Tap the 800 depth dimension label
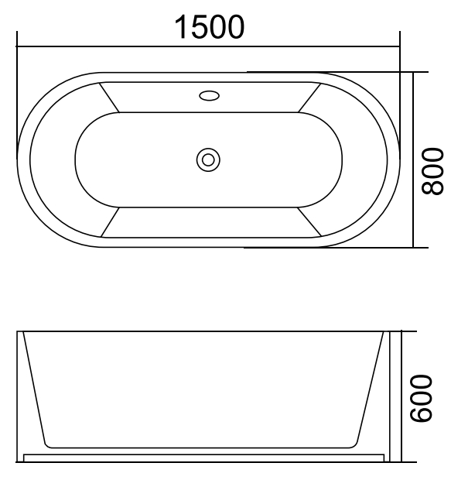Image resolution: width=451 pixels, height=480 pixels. click(x=433, y=171)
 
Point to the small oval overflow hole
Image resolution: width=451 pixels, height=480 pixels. click(x=209, y=97)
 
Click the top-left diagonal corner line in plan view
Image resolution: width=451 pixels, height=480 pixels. click(x=108, y=97)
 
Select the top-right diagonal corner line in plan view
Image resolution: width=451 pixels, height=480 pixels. click(x=309, y=97)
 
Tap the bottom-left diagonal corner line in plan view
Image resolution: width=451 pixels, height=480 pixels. click(x=108, y=222)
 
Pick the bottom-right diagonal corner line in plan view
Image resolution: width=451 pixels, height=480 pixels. click(x=309, y=222)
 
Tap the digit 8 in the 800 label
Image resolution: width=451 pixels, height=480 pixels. click(x=433, y=186)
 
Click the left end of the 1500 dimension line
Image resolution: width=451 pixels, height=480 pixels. click(x=17, y=46)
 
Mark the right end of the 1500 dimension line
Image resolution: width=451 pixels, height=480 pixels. click(x=400, y=46)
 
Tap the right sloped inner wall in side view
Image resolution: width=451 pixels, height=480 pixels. click(x=373, y=387)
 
